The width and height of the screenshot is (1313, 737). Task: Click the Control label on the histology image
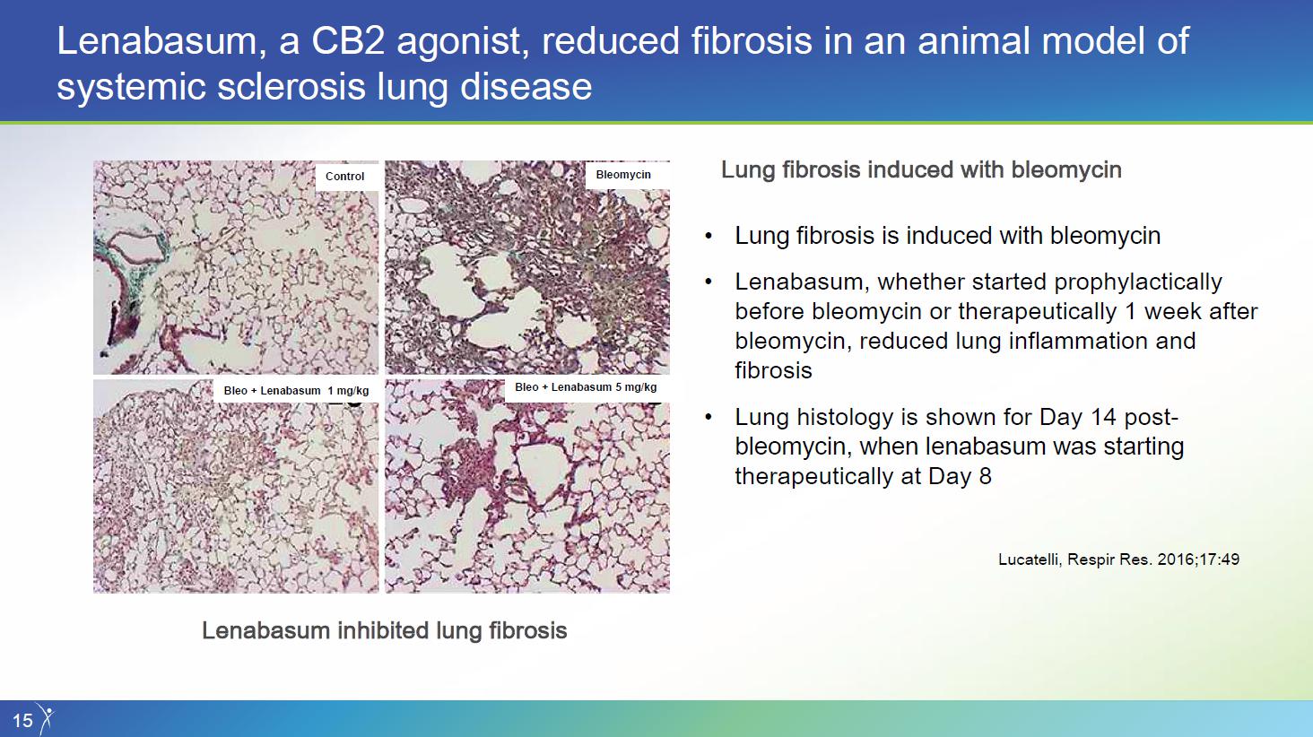pos(344,177)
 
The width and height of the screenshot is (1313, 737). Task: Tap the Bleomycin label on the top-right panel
pos(623,175)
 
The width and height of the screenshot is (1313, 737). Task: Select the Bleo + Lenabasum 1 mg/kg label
pos(296,391)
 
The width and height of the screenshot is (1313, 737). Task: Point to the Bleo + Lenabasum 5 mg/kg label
pos(586,387)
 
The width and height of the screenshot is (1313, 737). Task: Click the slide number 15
pos(22,720)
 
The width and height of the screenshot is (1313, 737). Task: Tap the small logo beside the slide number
pos(46,718)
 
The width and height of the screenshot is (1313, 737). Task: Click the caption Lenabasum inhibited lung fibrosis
pos(385,631)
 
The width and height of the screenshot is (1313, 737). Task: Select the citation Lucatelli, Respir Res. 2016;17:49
pos(1119,559)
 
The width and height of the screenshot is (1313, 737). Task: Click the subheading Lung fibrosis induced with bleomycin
pos(921,169)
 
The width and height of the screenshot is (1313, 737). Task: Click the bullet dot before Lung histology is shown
pos(709,417)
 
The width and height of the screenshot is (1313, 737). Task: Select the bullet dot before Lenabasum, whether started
pos(709,282)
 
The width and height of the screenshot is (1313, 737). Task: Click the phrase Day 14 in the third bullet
pos(1080,417)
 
